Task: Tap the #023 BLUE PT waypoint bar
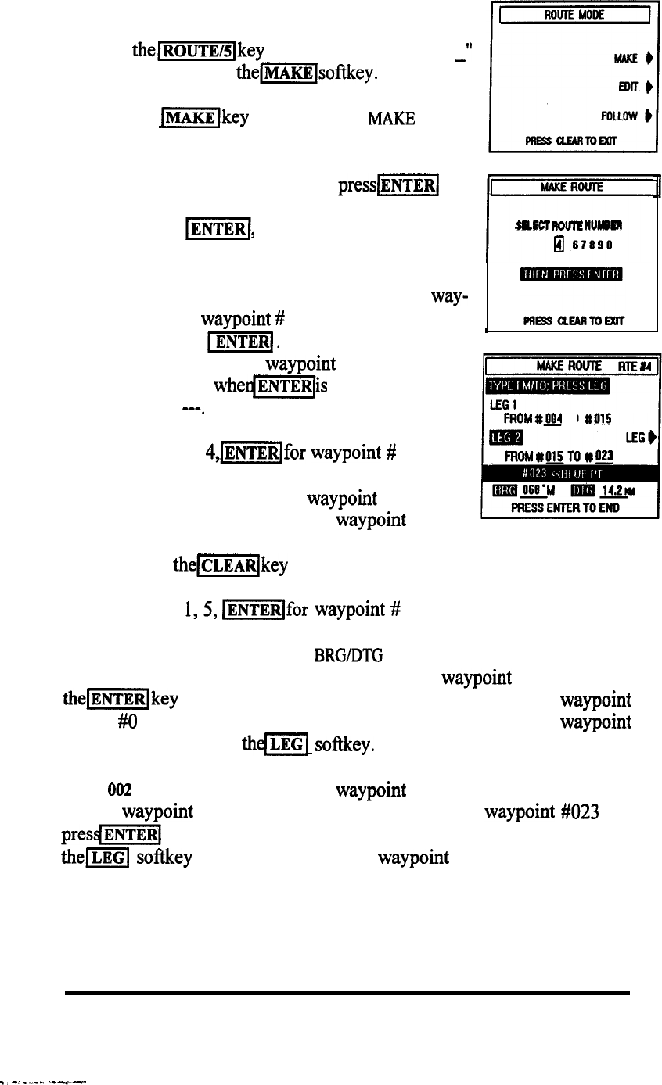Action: click(572, 472)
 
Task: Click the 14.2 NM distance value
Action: click(614, 490)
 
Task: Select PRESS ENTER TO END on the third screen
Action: click(571, 507)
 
